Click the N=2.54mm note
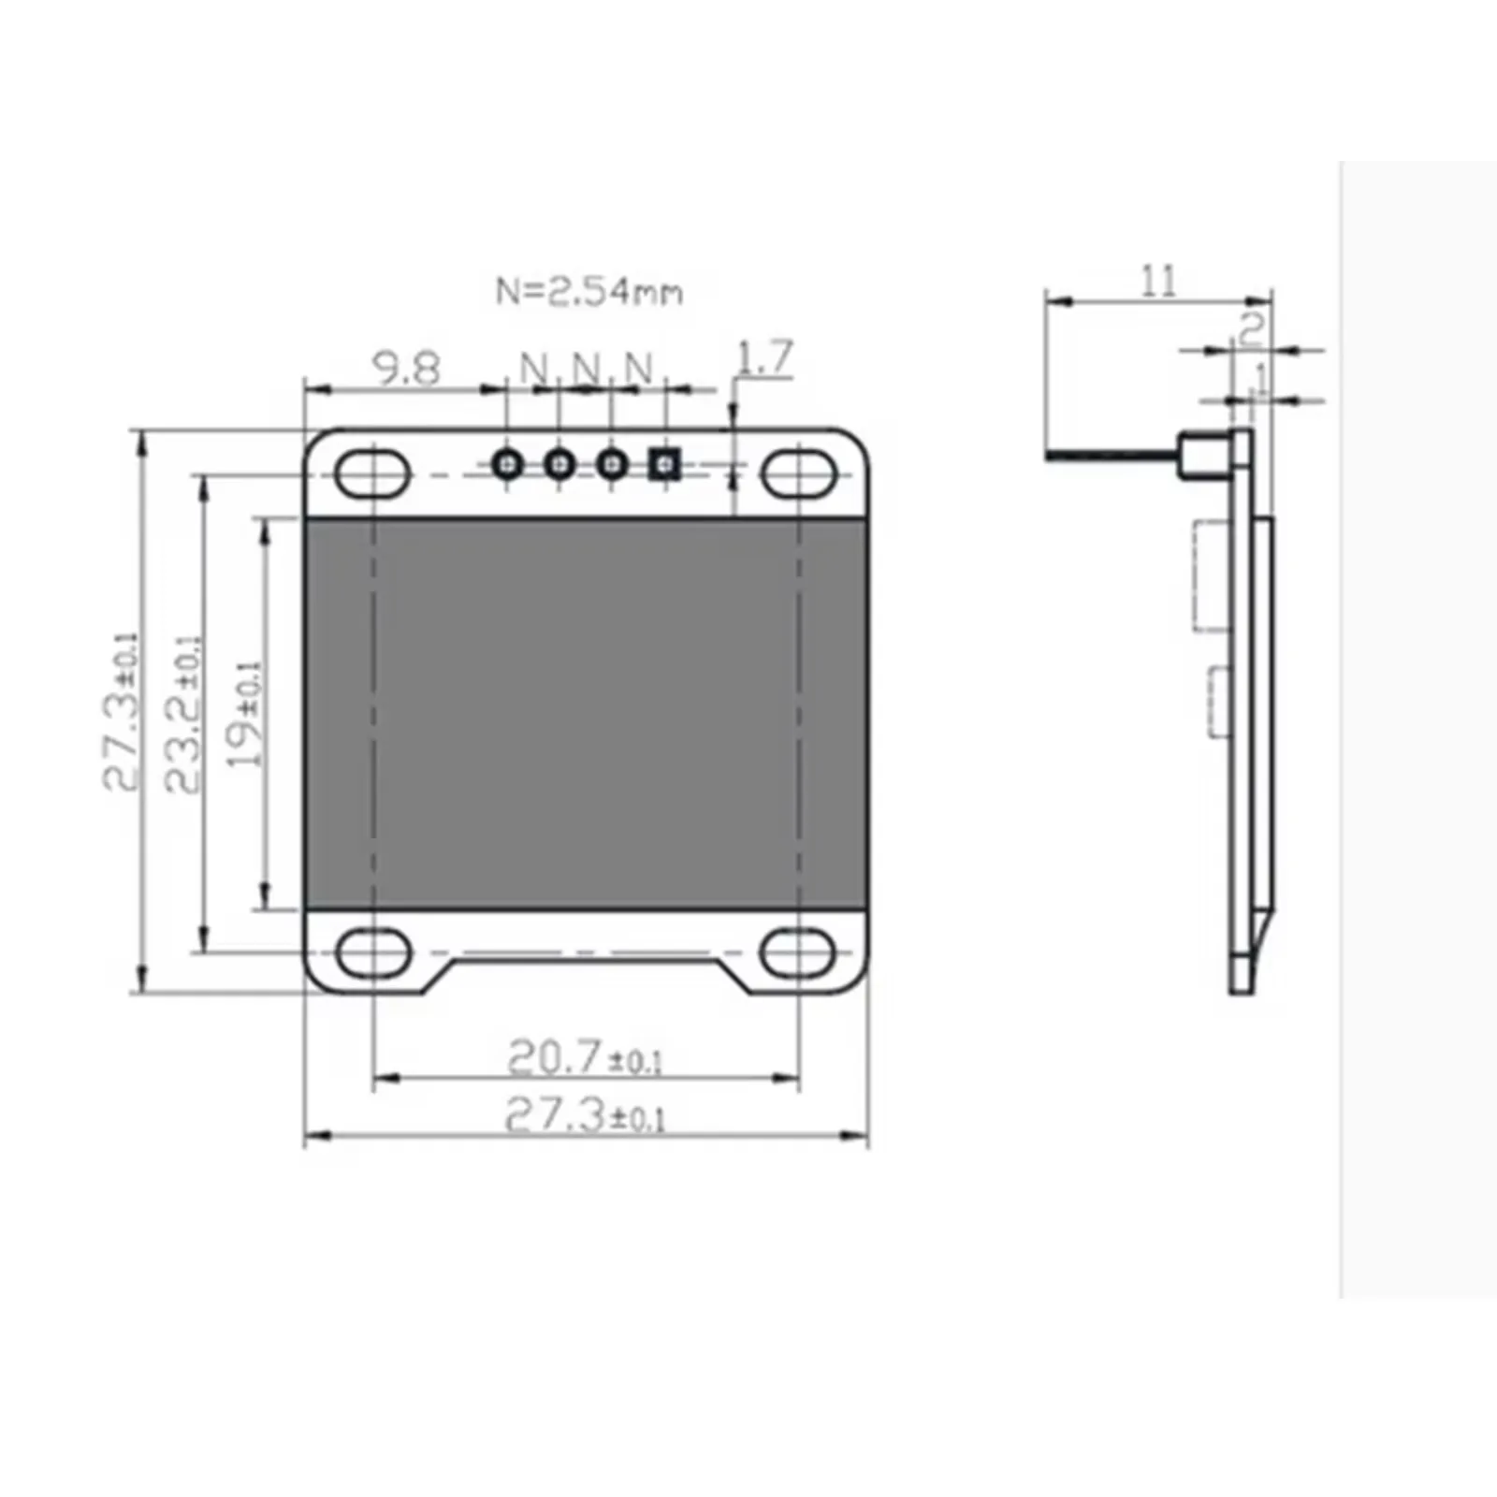pos(589,292)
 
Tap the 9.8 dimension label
pos(406,369)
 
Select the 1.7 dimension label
pos(765,357)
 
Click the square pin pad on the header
pos(664,463)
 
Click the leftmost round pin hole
pos(508,463)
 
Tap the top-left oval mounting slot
pos(371,473)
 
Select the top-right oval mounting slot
pos(798,473)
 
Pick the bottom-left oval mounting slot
pos(372,953)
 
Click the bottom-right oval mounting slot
pos(798,953)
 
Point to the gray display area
pos(586,713)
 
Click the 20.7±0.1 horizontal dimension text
pos(585,1058)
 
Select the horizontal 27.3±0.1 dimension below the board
pos(585,1115)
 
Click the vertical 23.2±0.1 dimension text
pos(183,716)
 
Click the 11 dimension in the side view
pos(1157,281)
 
